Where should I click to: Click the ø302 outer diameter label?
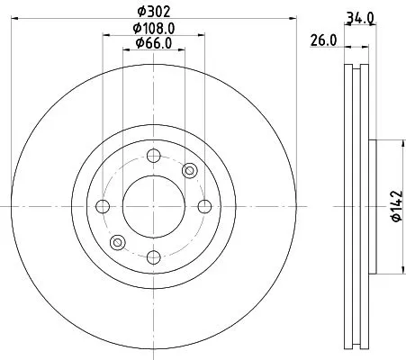152,13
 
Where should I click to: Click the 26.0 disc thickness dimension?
322,39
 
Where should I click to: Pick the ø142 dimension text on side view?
393,206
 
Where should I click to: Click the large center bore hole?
152,206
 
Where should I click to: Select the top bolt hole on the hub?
152,154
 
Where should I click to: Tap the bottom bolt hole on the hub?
152,258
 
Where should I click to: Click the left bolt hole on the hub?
102,206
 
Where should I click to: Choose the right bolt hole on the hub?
203,206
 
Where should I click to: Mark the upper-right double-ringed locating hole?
189,170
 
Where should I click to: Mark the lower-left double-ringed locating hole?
116,242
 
